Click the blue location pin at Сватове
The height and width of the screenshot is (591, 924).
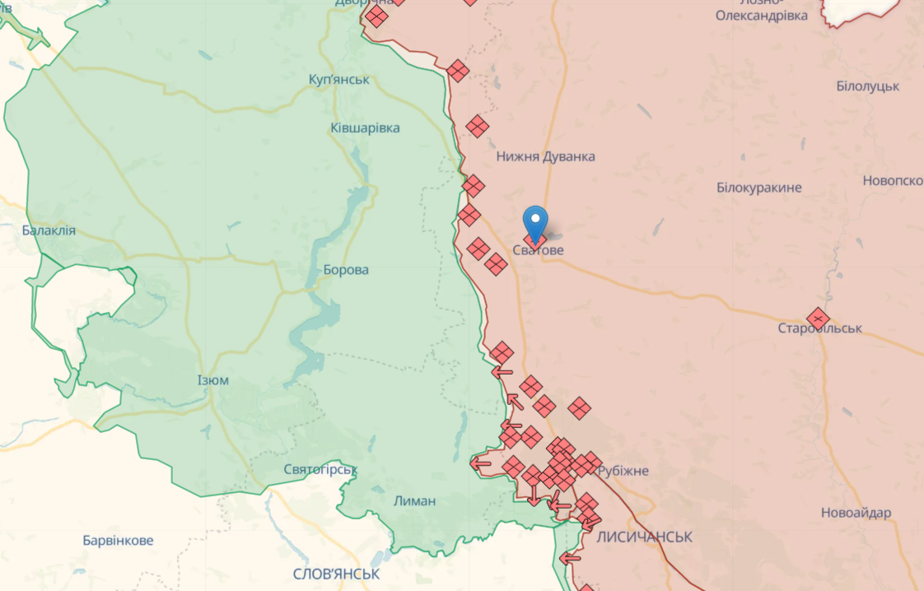(x=536, y=221)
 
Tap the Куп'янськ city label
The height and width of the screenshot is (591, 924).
(x=338, y=80)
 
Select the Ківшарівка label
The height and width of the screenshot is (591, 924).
(x=365, y=128)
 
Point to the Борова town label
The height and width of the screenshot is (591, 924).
(x=346, y=270)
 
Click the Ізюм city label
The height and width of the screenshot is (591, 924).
(x=213, y=380)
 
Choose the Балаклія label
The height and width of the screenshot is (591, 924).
(x=49, y=230)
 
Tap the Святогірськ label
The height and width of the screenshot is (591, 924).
(x=320, y=469)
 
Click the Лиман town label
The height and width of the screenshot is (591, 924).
(x=414, y=500)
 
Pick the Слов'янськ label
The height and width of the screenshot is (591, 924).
(x=336, y=573)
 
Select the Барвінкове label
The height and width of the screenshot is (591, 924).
(x=118, y=541)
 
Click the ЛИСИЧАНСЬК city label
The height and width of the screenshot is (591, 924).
(x=644, y=537)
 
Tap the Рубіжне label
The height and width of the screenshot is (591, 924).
(x=623, y=471)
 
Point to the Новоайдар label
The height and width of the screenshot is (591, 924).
(x=856, y=513)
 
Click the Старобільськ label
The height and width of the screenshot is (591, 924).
(x=820, y=328)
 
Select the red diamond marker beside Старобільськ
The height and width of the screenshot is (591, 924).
(x=817, y=319)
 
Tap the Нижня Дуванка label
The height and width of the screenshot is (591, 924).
(x=545, y=156)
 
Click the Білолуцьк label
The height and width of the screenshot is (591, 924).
(x=867, y=86)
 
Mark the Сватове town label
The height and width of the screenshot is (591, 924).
(x=539, y=250)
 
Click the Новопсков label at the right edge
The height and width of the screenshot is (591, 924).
(x=893, y=181)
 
